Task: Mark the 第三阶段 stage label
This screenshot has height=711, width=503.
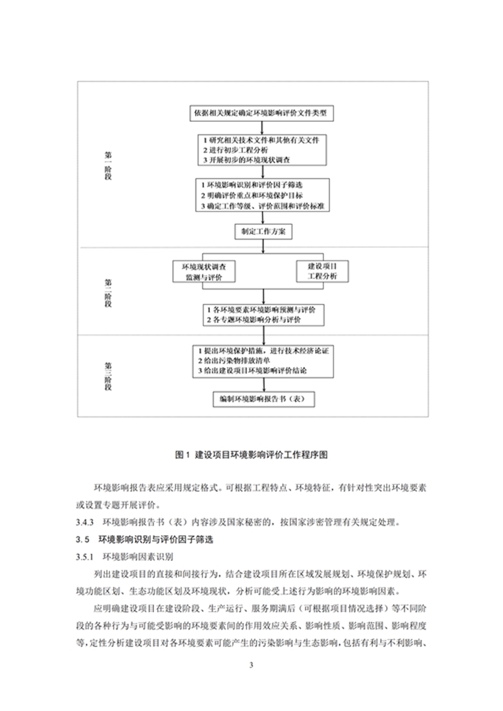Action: click(x=108, y=374)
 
